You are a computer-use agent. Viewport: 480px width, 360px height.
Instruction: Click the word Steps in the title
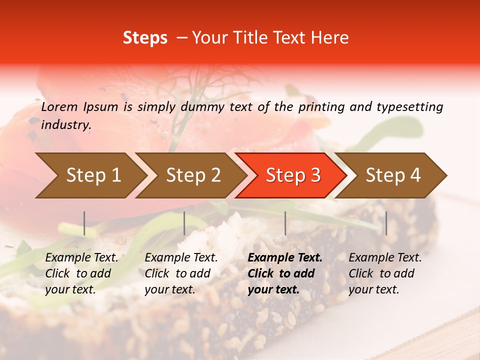tap(145, 38)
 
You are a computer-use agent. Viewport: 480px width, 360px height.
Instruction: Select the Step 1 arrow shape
tap(90, 175)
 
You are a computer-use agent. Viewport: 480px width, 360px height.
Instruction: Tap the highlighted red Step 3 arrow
tap(293, 175)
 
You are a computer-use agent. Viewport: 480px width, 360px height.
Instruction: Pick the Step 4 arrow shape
tap(393, 175)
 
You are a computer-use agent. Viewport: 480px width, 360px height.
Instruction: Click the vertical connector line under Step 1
tap(84, 223)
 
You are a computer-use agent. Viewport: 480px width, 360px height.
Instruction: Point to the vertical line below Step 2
tap(184, 223)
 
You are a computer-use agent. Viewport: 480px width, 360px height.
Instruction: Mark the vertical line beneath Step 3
tap(285, 223)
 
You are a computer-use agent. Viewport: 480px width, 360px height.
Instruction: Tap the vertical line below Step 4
tap(386, 223)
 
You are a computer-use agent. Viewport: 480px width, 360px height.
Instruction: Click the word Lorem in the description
tap(59, 106)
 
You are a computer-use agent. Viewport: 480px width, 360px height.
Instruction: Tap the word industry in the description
tap(65, 125)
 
